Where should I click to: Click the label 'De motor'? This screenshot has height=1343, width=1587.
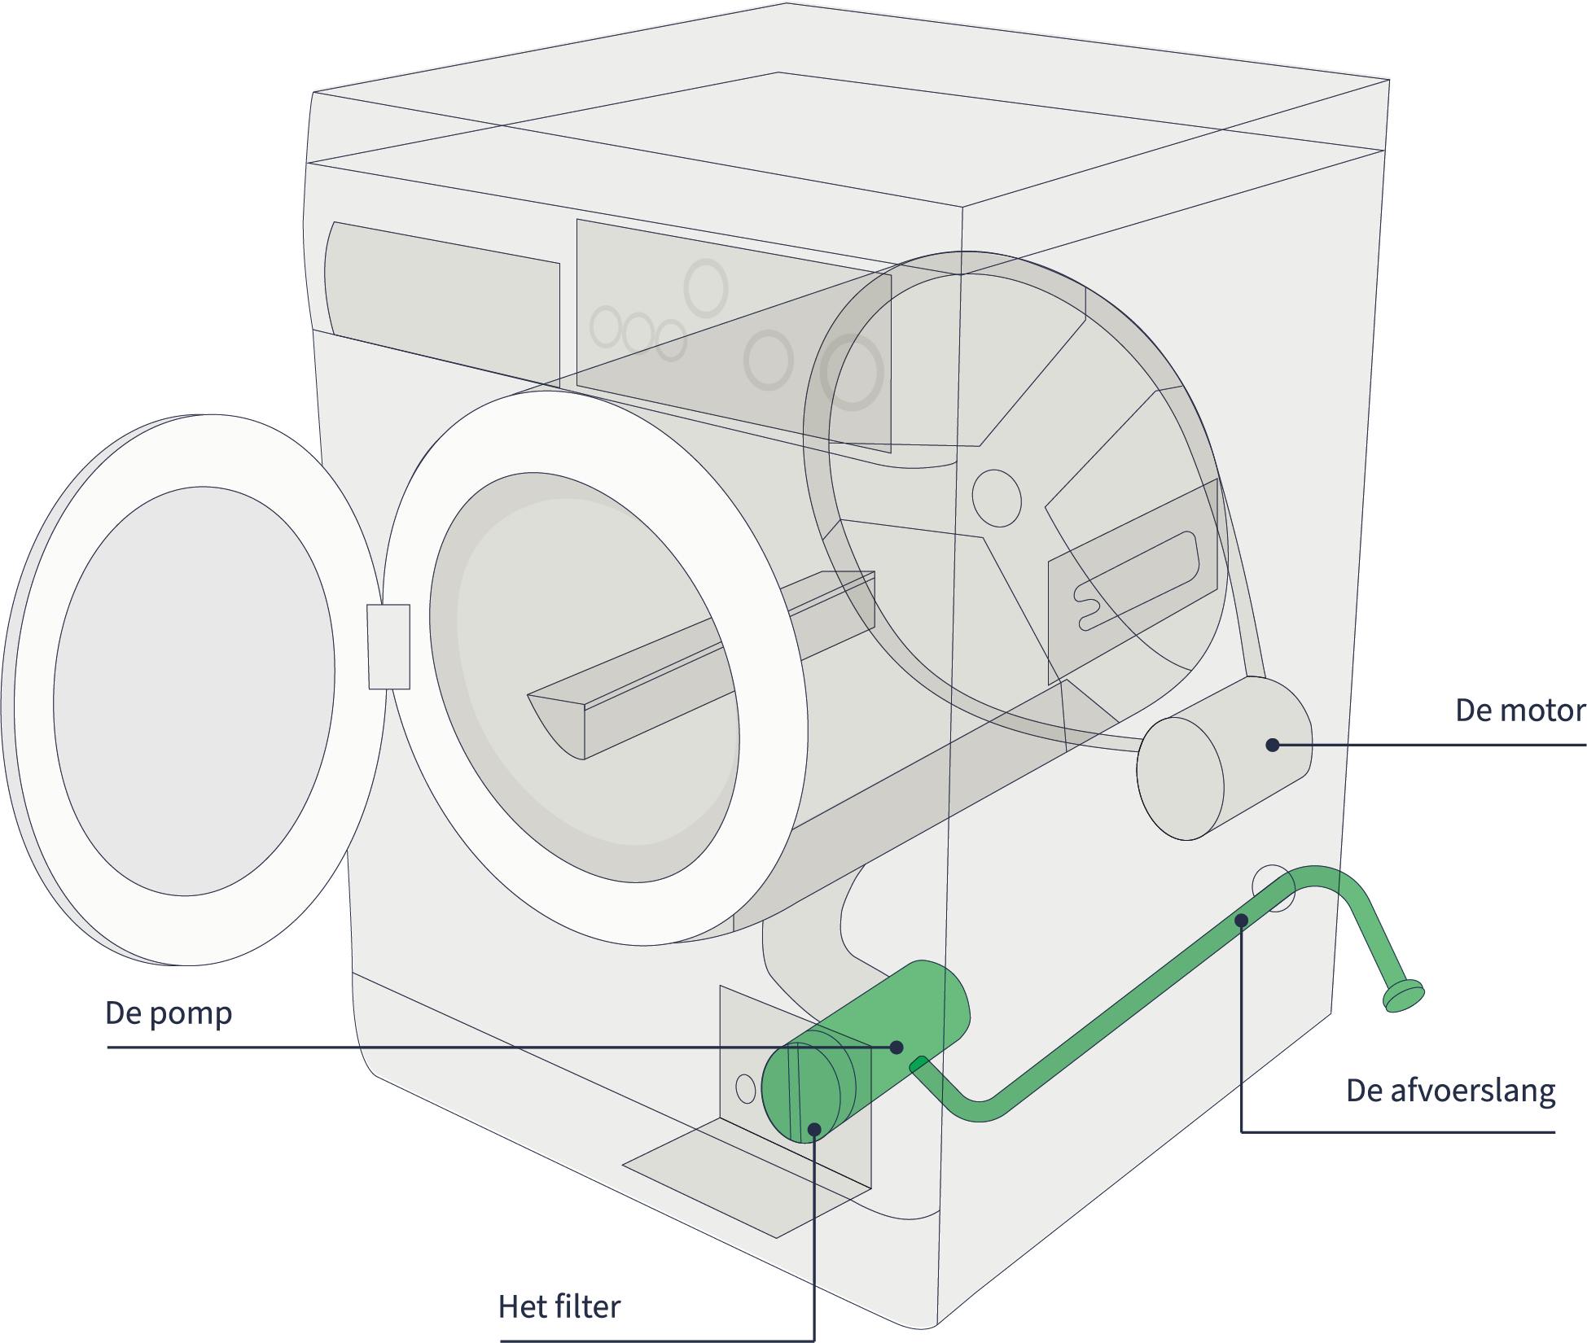[1519, 711]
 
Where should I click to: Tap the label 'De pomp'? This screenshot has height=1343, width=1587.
[169, 1013]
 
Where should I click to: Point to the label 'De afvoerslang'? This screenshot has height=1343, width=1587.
[1450, 1091]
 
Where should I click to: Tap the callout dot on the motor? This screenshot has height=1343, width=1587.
[1271, 744]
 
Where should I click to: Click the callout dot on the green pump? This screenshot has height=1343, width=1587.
[897, 1048]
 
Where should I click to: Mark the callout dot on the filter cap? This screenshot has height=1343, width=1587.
[813, 1128]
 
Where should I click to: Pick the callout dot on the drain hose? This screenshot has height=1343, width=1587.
[1241, 921]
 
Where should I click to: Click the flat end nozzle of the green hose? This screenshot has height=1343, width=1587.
[1405, 996]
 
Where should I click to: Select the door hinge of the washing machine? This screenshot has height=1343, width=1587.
[388, 646]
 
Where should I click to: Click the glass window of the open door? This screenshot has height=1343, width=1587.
[194, 701]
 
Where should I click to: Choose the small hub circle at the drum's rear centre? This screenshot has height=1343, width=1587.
[996, 497]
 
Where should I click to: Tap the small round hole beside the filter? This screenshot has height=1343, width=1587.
[744, 1087]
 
